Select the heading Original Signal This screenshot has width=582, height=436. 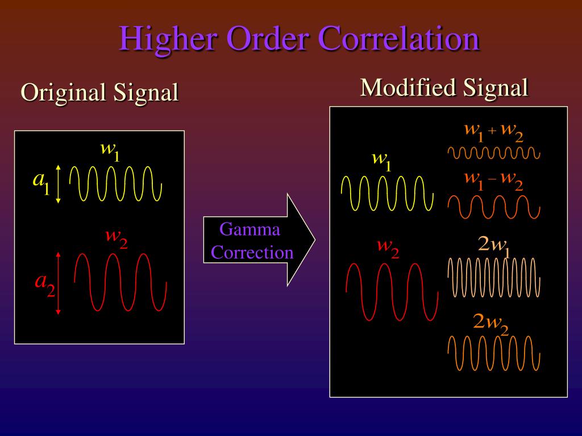click(x=99, y=92)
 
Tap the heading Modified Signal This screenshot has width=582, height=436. click(x=444, y=87)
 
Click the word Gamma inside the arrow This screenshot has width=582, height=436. click(x=250, y=230)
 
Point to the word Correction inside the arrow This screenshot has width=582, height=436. click(x=252, y=253)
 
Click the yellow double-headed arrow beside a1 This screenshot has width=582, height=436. click(x=59, y=184)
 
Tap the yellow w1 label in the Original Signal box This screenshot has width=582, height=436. click(x=110, y=150)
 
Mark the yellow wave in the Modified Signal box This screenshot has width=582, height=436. click(x=383, y=193)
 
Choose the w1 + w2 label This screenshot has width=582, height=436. click(x=493, y=132)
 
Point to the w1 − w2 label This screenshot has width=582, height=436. click(x=493, y=180)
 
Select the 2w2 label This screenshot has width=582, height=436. click(x=490, y=323)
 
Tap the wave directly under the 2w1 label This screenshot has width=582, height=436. click(x=493, y=278)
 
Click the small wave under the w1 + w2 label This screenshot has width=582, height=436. click(x=493, y=153)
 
